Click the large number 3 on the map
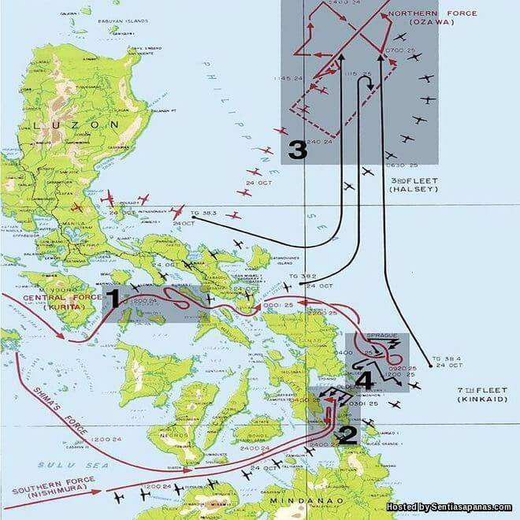(297, 150)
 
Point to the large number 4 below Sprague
(364, 380)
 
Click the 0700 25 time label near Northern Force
(401, 50)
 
